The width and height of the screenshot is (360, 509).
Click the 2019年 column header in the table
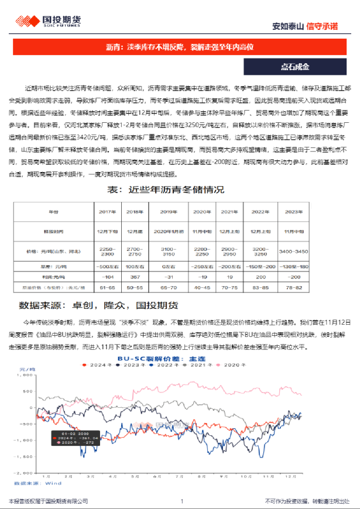[x=169, y=212]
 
